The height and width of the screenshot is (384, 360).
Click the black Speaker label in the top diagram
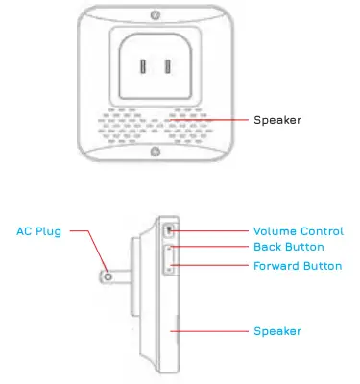(x=276, y=120)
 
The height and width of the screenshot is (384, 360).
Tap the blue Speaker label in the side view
(x=276, y=331)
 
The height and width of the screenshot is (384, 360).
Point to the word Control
(x=323, y=231)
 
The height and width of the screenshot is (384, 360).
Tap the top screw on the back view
(x=156, y=16)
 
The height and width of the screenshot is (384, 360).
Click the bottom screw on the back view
(x=156, y=150)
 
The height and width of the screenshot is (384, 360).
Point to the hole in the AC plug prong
(x=108, y=276)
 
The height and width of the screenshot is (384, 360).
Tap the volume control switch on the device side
(x=170, y=231)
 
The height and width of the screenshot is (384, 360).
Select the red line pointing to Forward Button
(x=211, y=266)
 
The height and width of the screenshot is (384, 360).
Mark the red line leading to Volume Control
(x=211, y=231)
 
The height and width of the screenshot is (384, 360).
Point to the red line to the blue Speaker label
(x=211, y=331)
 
